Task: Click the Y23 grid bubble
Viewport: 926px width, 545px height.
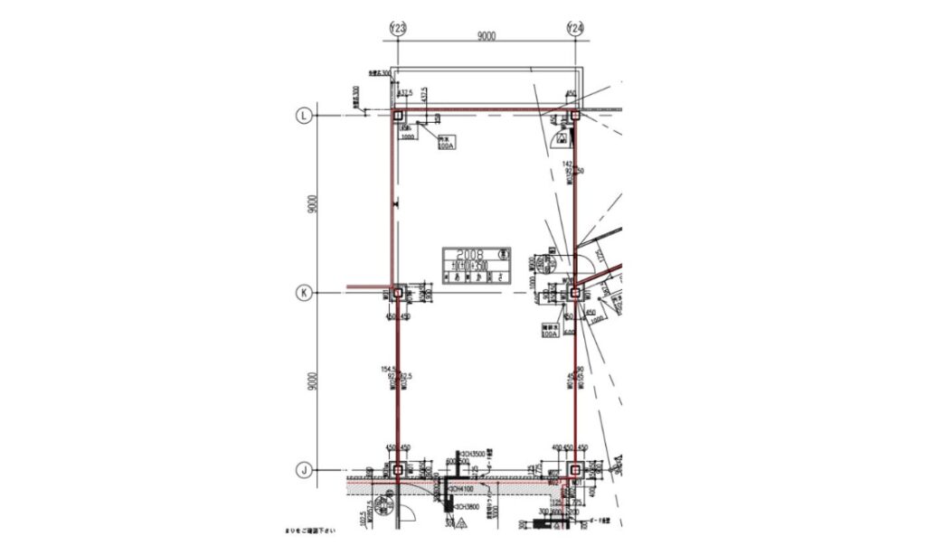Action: click(397, 29)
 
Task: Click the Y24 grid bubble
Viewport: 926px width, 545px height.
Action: click(575, 29)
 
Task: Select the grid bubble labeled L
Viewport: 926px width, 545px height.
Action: click(305, 115)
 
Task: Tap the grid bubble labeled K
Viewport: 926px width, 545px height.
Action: click(305, 293)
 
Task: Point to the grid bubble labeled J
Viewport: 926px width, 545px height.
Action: click(305, 470)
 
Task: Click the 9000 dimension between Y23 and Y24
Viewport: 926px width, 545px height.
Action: click(487, 36)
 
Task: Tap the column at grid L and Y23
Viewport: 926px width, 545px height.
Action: click(397, 115)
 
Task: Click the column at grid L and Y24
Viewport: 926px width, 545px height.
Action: click(575, 115)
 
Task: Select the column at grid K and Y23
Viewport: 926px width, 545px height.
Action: click(397, 293)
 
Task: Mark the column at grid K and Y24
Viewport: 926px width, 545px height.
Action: click(575, 293)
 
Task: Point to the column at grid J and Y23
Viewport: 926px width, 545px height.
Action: click(397, 470)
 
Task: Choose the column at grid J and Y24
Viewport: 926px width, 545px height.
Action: click(575, 470)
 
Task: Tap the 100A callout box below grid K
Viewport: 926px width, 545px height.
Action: click(549, 331)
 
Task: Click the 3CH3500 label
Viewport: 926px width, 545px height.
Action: click(473, 452)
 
